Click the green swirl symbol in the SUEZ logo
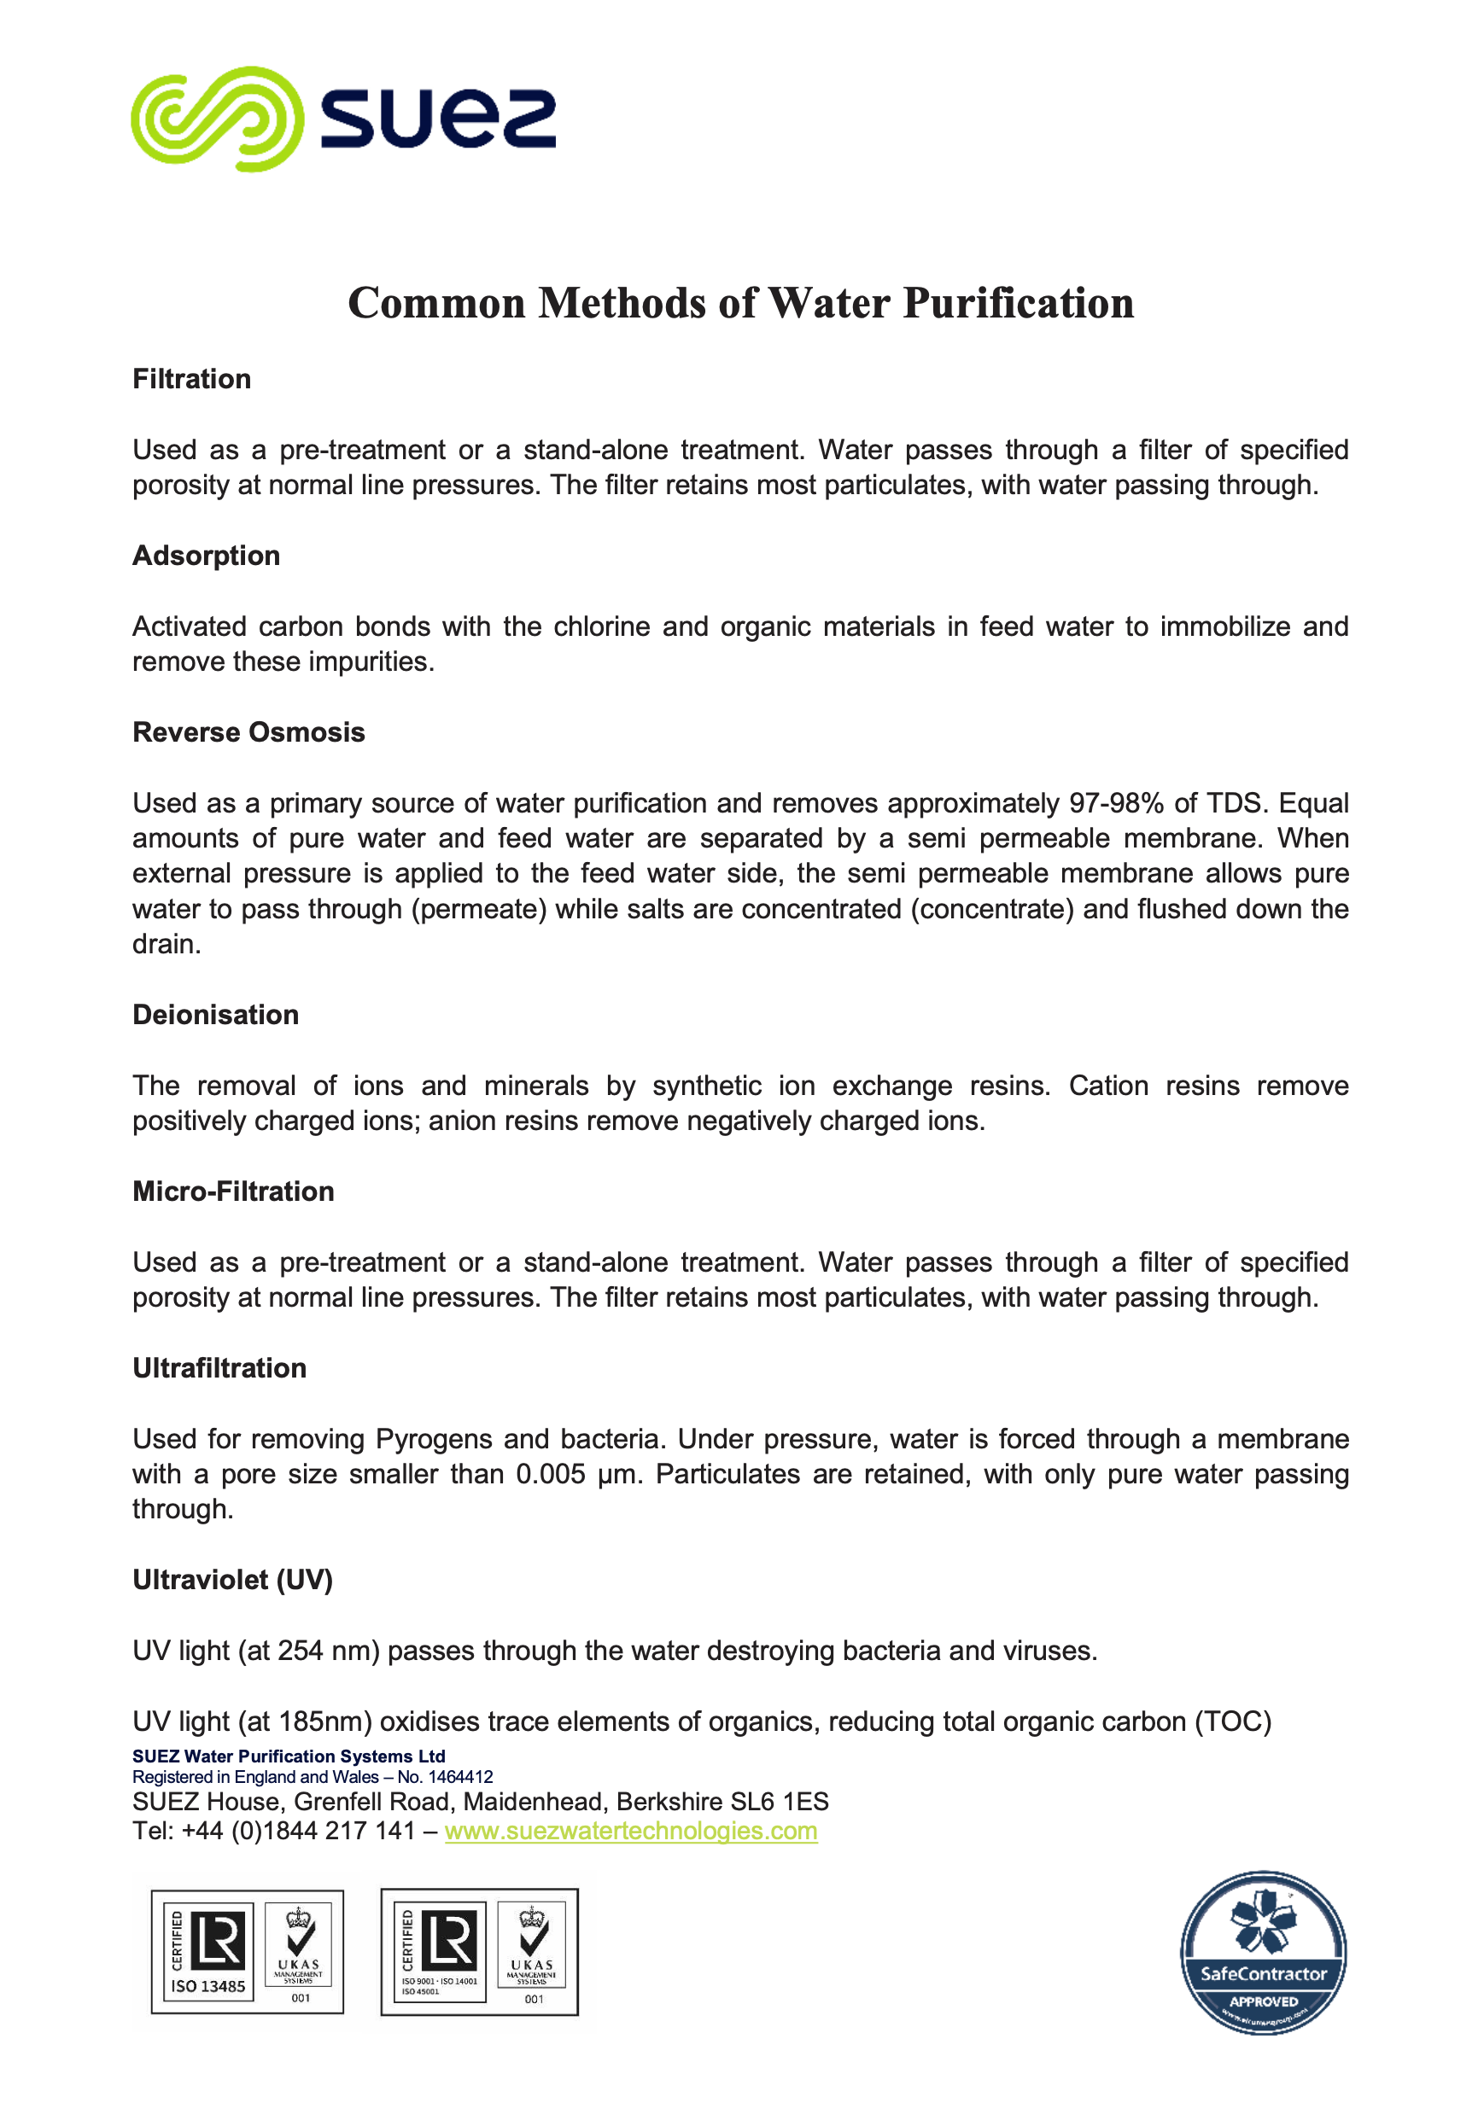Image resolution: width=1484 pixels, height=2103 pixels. tap(217, 119)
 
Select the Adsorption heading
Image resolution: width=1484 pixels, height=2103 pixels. tap(206, 556)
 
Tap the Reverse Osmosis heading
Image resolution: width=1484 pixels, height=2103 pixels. tap(248, 733)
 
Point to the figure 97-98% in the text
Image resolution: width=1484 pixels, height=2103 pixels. tap(1116, 803)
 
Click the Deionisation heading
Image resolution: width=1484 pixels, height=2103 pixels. tap(215, 1015)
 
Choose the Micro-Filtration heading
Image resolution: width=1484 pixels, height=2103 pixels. tap(233, 1191)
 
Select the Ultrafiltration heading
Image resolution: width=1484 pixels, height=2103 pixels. tap(219, 1368)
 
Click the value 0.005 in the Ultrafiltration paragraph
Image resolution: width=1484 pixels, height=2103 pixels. tap(550, 1475)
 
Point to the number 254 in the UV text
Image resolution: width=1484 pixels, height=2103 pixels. tap(301, 1651)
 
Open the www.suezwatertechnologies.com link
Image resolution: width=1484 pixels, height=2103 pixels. tap(630, 1831)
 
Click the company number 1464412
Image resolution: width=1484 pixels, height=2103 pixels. tap(460, 1777)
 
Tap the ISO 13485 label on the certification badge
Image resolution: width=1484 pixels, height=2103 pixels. tap(208, 1986)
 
